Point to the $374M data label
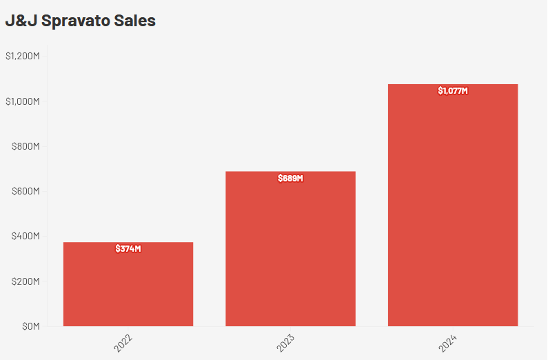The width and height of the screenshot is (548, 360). pos(128,248)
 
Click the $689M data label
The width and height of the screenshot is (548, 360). pos(290,178)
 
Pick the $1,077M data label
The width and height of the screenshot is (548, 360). pos(453,90)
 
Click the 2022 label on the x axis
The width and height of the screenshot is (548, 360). pos(125,343)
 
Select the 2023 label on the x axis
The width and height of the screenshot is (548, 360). pos(287,343)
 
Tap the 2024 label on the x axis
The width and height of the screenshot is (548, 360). pos(449,343)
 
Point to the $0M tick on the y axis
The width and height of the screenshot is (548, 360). pos(30,326)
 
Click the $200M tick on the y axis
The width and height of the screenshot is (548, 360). pos(26,281)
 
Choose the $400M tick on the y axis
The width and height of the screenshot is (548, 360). pos(26,237)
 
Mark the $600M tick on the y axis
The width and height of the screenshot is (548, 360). pos(26,191)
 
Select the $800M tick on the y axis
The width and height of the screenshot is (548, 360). pos(26,146)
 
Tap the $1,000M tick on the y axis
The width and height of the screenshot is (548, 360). pos(23,101)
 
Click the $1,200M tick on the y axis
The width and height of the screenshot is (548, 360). pos(23,56)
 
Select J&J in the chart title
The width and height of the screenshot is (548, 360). pos(21,21)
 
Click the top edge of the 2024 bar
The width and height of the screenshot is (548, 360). pos(453,85)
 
